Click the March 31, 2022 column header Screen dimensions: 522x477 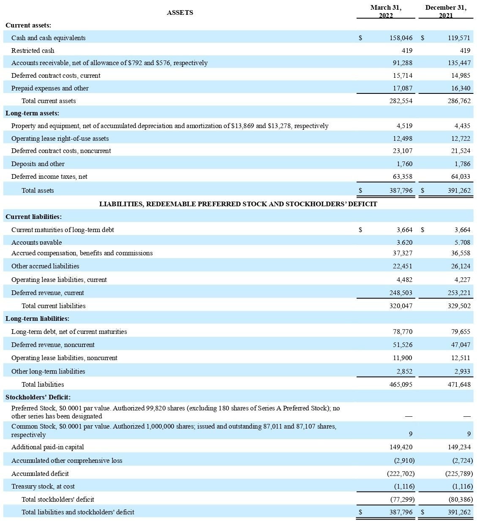(x=386, y=11)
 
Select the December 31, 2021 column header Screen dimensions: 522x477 (x=446, y=11)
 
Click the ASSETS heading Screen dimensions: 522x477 (x=180, y=13)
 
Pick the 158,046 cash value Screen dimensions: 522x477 (x=401, y=38)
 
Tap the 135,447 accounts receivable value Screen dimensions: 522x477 (x=459, y=63)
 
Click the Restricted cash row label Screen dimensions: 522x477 (x=33, y=51)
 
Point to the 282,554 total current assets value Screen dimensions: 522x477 (x=401, y=101)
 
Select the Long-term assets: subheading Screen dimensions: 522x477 (x=32, y=113)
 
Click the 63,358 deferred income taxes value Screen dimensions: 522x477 (x=403, y=177)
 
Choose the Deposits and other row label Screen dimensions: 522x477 (x=38, y=164)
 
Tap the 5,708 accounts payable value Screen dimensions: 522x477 (x=461, y=243)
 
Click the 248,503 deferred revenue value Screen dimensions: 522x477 (x=401, y=293)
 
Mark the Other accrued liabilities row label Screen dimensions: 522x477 (x=45, y=266)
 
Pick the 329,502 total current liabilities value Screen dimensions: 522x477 (x=459, y=306)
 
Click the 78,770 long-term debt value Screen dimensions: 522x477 (x=403, y=332)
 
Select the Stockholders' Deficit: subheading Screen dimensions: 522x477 (x=38, y=397)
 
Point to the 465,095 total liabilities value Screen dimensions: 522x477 (x=401, y=385)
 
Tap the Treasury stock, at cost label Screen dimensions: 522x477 (x=43, y=486)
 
